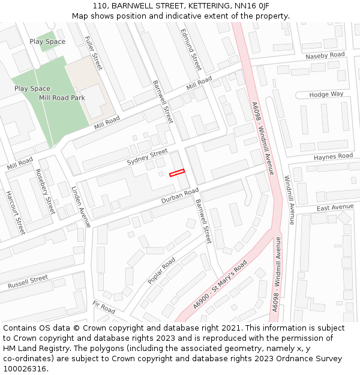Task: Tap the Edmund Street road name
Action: tap(191, 49)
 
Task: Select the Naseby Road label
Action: tap(325, 56)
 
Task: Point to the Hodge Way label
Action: tap(326, 95)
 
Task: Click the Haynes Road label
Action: tap(333, 157)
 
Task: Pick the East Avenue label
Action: tap(335, 207)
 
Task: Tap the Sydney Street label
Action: tap(147, 158)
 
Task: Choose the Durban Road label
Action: tap(179, 196)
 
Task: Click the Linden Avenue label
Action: tap(80, 206)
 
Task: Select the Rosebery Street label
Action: tap(45, 191)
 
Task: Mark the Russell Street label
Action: tap(28, 282)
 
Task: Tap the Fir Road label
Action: tap(104, 308)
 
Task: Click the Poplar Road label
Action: tap(161, 271)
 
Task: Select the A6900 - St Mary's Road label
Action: tap(220, 286)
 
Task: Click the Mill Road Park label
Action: tap(62, 98)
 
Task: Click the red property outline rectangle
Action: tap(177, 173)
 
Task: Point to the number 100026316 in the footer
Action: tap(25, 369)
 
